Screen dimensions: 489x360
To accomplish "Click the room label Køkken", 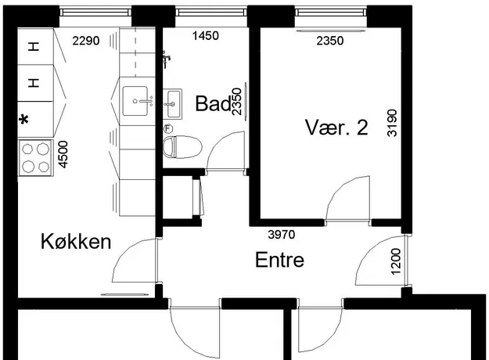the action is click(76, 242).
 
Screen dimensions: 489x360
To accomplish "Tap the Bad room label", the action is click(214, 103).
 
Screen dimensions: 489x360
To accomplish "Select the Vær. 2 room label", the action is click(336, 128).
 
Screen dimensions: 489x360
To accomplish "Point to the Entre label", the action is click(279, 260).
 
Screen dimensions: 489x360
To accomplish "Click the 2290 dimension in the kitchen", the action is click(86, 41).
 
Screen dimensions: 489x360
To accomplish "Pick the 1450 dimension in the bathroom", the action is click(206, 36).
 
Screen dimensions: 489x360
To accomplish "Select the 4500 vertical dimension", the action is click(63, 154).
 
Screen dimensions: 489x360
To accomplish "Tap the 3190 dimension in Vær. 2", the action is click(392, 123).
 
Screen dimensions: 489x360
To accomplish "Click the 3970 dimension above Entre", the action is click(282, 234).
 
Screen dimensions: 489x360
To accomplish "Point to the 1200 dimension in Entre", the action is click(395, 261).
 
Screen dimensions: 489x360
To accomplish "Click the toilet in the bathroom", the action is click(182, 146).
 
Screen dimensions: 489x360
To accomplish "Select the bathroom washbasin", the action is click(172, 104).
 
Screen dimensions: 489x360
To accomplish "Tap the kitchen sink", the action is click(135, 101).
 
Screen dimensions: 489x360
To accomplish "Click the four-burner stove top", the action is click(35, 158).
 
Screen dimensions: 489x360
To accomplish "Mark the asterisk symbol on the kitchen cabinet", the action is click(24, 120).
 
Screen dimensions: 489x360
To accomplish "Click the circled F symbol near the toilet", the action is click(168, 128).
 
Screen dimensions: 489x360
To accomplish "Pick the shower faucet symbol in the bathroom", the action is click(166, 59).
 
